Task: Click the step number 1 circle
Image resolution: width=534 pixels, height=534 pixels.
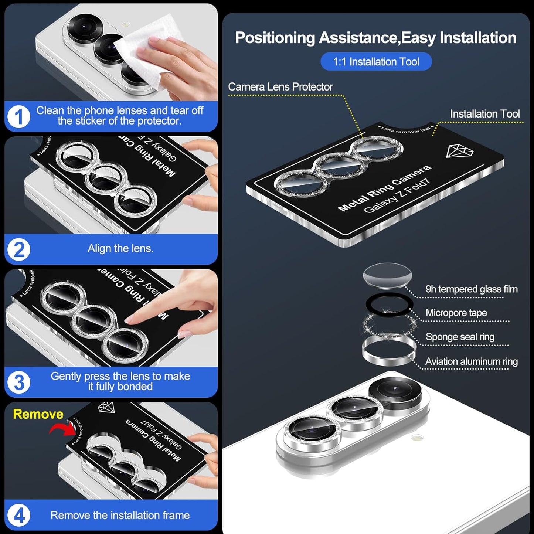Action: coord(18,117)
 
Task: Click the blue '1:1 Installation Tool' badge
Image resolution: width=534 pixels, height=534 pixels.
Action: coord(376,62)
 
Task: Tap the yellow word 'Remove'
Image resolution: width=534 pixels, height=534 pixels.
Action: coord(38,414)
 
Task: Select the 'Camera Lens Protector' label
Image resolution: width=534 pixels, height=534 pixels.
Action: coord(280,87)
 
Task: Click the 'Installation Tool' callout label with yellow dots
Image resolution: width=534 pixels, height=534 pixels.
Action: coord(484,114)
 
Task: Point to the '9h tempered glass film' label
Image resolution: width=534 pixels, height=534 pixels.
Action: coord(471,289)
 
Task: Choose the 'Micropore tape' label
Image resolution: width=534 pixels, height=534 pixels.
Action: coord(456,313)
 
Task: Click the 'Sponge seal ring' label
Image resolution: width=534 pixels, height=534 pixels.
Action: coord(460,337)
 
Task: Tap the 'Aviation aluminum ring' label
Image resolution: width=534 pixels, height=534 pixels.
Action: coord(471,361)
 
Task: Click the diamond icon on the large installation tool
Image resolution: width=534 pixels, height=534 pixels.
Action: coord(459,151)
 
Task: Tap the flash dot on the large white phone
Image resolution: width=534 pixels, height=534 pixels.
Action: coord(417,438)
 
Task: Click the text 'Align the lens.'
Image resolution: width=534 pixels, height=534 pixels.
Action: coord(120,249)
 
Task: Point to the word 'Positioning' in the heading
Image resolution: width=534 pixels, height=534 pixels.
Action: coord(275,38)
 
